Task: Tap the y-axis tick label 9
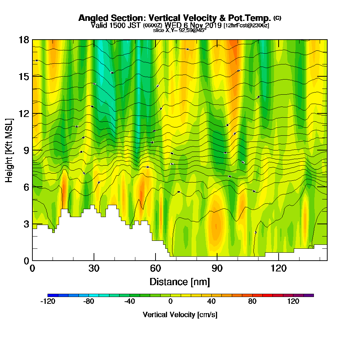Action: point(26,150)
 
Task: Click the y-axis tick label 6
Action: point(26,187)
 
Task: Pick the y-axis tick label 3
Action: point(26,224)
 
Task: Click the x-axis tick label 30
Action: point(94,268)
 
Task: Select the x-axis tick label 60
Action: point(156,268)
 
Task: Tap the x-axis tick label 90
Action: point(217,268)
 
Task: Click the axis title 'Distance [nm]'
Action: point(180,282)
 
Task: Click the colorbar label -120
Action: point(48,302)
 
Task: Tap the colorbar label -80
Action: point(89,302)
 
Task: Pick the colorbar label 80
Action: point(252,302)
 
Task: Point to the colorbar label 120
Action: point(293,302)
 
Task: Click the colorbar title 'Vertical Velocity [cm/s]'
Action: point(180,315)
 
